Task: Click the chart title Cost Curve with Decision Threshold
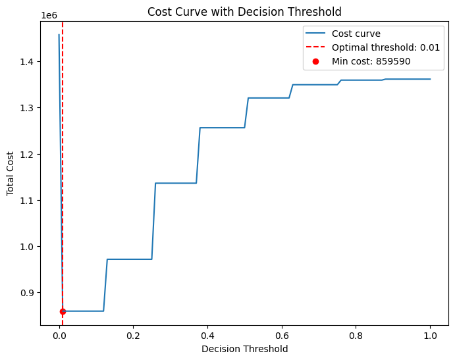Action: click(244, 11)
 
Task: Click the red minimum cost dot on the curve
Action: click(63, 311)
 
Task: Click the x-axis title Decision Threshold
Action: click(244, 349)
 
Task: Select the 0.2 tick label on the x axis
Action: click(133, 334)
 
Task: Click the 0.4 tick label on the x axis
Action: click(207, 334)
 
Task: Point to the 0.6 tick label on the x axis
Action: click(281, 334)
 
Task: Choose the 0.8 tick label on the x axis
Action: click(356, 334)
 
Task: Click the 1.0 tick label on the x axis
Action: click(430, 334)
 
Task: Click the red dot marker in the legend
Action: click(315, 61)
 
